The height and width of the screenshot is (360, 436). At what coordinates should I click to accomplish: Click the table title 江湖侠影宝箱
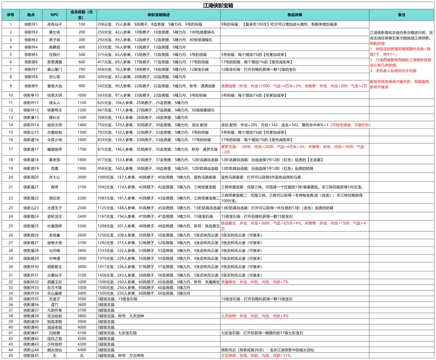(x=218, y=6)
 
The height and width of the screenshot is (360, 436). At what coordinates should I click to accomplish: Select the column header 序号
(x=10, y=15)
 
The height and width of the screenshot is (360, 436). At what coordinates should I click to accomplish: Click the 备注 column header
(x=401, y=15)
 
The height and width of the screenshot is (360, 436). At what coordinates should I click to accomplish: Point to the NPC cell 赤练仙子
(x=55, y=24)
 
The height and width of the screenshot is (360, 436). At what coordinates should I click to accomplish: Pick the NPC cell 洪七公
(x=55, y=177)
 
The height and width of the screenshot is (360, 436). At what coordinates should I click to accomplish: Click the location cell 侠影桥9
(x=31, y=86)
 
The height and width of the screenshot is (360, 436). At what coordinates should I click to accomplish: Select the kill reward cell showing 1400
(x=82, y=125)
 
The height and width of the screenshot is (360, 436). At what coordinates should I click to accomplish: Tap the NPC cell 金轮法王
(x=55, y=216)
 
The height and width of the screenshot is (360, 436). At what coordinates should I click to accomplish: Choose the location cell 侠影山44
(x=31, y=349)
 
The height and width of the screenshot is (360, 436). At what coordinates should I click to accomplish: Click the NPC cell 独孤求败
(x=55, y=321)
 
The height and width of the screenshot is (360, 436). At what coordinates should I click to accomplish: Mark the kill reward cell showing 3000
(x=82, y=266)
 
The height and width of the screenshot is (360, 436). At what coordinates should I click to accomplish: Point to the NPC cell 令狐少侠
(x=55, y=139)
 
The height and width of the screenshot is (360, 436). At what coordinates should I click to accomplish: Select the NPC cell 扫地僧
(x=55, y=333)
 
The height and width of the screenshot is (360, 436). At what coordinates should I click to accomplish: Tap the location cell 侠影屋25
(x=31, y=225)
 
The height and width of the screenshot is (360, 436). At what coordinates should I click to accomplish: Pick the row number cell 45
(x=10, y=355)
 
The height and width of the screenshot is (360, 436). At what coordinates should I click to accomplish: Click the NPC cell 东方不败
(x=55, y=287)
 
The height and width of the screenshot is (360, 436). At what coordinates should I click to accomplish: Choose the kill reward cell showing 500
(x=82, y=54)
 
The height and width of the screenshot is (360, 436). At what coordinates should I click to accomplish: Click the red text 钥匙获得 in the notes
(x=378, y=43)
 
